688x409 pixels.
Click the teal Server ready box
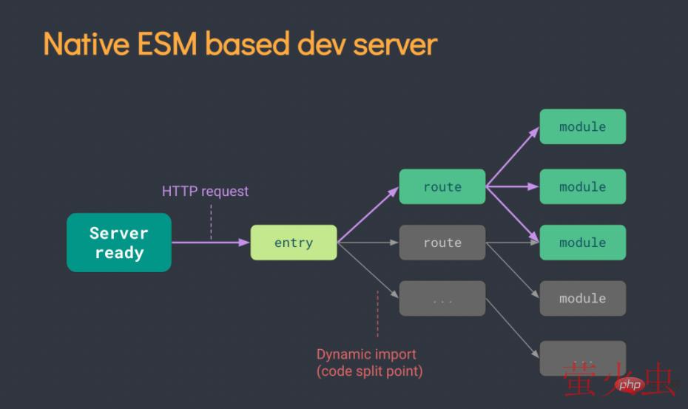(119, 243)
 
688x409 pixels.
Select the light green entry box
(294, 243)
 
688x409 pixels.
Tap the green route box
(442, 187)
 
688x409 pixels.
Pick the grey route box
(442, 243)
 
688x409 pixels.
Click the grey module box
(583, 299)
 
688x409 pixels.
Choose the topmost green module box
(583, 126)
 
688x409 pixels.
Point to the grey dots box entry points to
(442, 299)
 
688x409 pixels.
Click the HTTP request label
(206, 191)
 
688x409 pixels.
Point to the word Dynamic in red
(343, 354)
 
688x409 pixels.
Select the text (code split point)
(369, 371)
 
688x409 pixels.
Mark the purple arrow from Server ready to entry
(211, 242)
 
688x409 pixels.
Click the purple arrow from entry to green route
(368, 215)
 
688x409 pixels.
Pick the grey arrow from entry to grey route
(368, 242)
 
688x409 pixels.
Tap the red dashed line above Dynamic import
(377, 314)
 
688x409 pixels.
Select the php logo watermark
(630, 384)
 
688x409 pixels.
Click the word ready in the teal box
(119, 253)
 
